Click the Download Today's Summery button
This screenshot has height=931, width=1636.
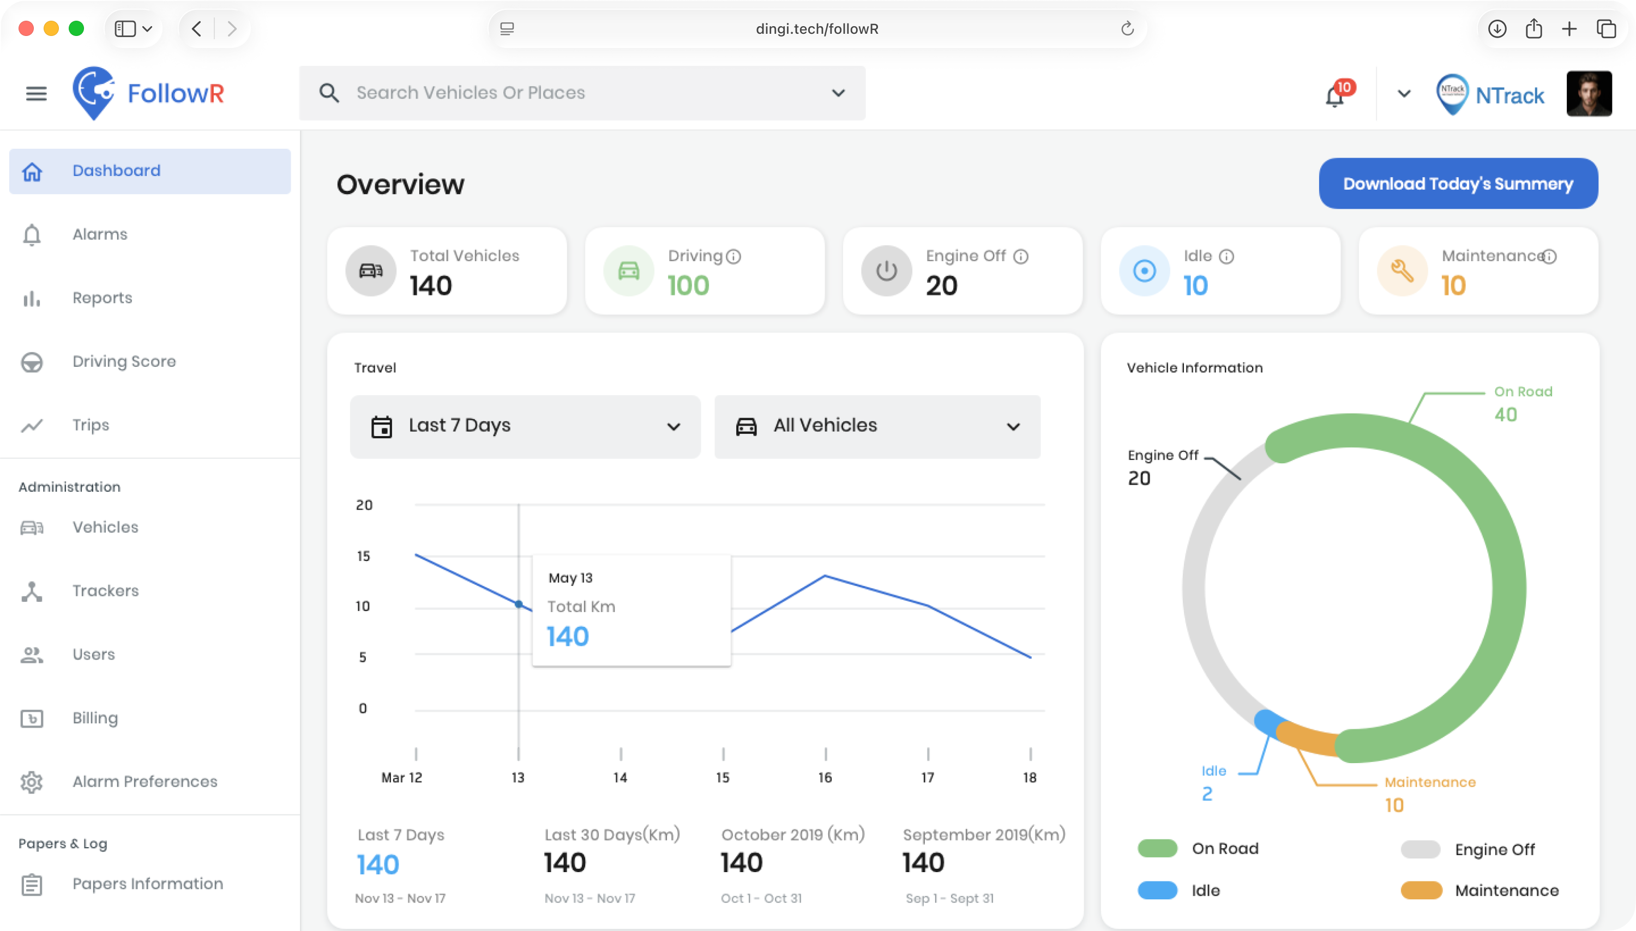click(1458, 184)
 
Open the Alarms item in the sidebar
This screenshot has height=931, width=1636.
click(100, 234)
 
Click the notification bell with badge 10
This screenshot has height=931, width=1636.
click(1336, 95)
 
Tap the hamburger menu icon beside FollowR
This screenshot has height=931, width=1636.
click(36, 93)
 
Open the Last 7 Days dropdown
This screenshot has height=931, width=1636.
click(525, 426)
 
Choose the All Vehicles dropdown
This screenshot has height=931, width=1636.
click(877, 426)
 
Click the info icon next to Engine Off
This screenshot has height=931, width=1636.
click(1021, 256)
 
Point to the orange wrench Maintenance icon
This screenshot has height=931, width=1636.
click(1402, 270)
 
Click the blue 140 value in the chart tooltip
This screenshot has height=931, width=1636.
click(568, 636)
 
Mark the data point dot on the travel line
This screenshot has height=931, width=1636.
click(519, 603)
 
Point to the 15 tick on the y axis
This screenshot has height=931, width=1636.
click(363, 555)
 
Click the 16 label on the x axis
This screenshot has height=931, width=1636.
click(825, 777)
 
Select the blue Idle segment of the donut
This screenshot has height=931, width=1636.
click(1267, 721)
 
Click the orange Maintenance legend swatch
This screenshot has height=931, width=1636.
click(1421, 890)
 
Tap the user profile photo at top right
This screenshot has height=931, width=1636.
click(1589, 93)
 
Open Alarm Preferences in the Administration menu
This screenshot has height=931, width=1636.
click(145, 782)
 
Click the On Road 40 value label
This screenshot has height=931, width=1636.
click(1506, 414)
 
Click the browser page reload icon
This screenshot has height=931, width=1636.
click(1127, 28)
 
